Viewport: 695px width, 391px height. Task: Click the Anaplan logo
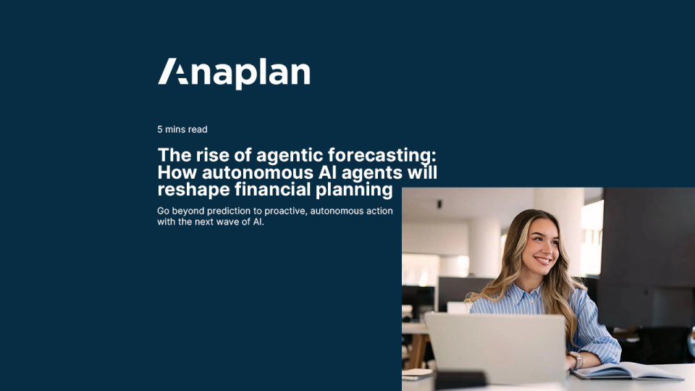pos(234,73)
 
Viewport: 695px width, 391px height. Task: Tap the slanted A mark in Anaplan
pos(173,71)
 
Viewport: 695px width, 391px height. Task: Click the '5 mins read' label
pos(182,130)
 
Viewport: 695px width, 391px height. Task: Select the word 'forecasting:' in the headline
pos(382,156)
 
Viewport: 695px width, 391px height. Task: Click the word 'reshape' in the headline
pos(193,190)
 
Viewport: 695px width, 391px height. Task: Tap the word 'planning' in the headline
pos(354,190)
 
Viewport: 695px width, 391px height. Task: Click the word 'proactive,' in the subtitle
pos(286,211)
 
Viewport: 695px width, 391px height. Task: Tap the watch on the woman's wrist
pos(578,361)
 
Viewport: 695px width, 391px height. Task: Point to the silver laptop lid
pos(496,347)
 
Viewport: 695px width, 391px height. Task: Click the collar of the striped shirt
pos(528,295)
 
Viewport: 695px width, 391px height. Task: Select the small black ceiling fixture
pos(439,204)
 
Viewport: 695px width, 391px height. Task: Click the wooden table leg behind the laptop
pos(418,351)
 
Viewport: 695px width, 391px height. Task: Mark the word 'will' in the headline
pos(422,172)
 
